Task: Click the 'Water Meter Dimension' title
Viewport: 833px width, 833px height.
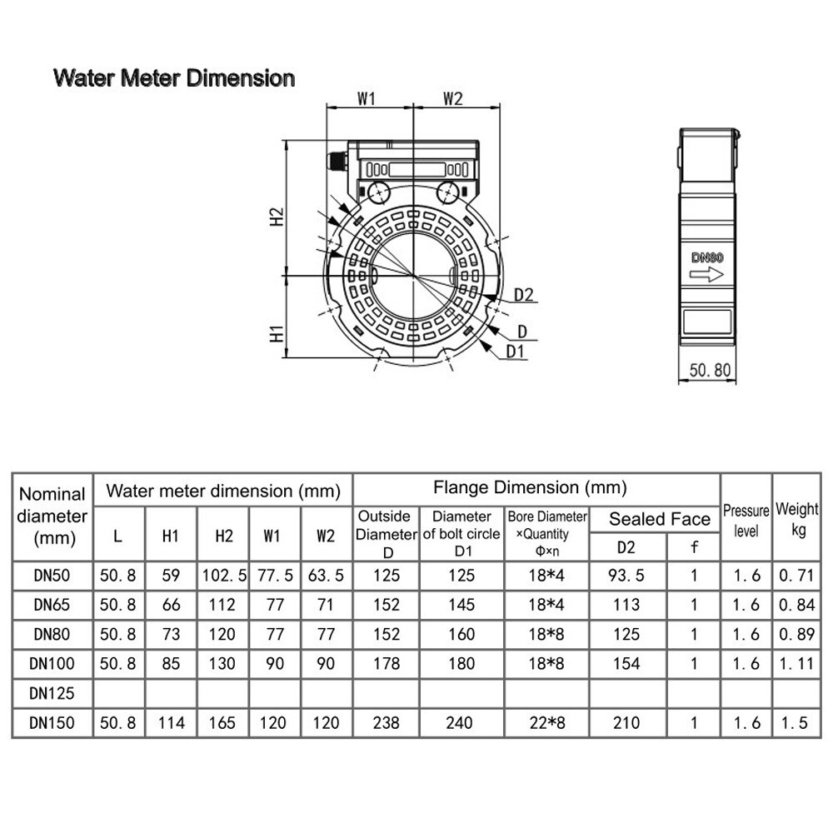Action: point(174,78)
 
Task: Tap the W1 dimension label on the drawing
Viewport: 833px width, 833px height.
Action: point(366,99)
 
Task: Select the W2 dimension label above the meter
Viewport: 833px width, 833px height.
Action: point(453,99)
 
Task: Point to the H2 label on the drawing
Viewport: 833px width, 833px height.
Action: point(277,217)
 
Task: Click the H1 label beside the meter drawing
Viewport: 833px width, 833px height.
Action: point(277,334)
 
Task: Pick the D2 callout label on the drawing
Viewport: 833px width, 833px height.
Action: point(524,294)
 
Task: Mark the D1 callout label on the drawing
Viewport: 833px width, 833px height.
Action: point(515,352)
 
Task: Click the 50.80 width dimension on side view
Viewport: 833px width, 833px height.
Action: point(710,370)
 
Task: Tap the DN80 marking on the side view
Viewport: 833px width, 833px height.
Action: point(707,257)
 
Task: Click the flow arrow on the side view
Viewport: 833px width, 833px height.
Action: point(706,275)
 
